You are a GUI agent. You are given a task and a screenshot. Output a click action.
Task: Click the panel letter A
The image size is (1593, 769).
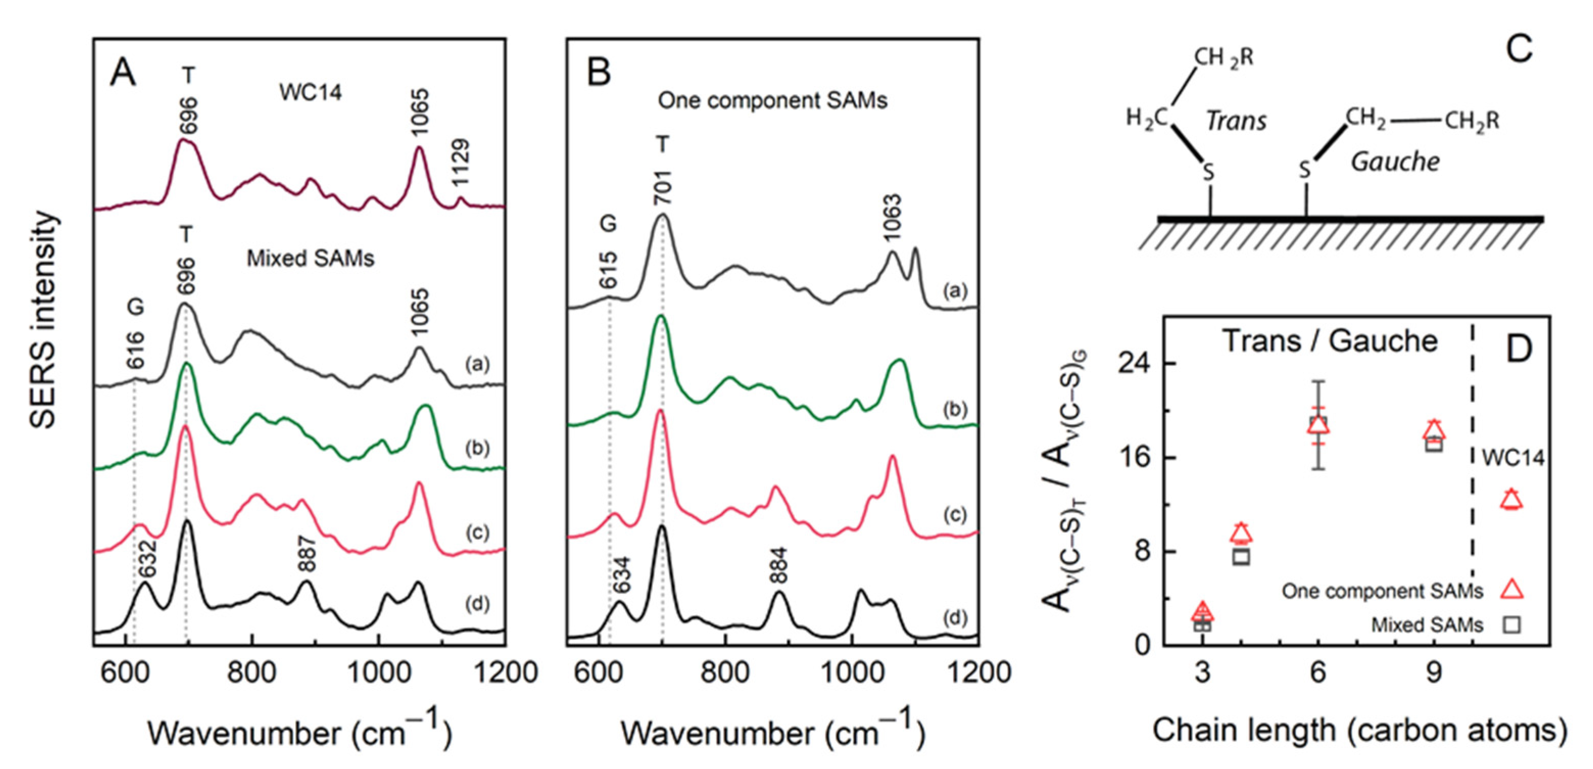[x=122, y=74]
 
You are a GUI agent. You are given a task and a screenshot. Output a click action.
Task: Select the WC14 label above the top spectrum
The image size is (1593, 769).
[x=310, y=93]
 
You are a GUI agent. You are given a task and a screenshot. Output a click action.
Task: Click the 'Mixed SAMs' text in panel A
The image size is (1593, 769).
[x=310, y=258]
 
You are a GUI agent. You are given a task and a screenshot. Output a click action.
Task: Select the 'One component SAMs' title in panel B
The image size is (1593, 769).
[x=772, y=100]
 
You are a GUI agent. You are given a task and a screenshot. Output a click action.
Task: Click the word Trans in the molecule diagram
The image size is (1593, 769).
[x=1236, y=121]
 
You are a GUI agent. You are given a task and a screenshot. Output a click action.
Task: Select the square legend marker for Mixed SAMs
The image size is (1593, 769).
[x=1511, y=625]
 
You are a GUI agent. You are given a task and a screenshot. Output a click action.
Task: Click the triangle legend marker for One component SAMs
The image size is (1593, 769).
[x=1511, y=590]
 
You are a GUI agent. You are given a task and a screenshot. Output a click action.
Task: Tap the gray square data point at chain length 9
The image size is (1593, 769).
[x=1433, y=444]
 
